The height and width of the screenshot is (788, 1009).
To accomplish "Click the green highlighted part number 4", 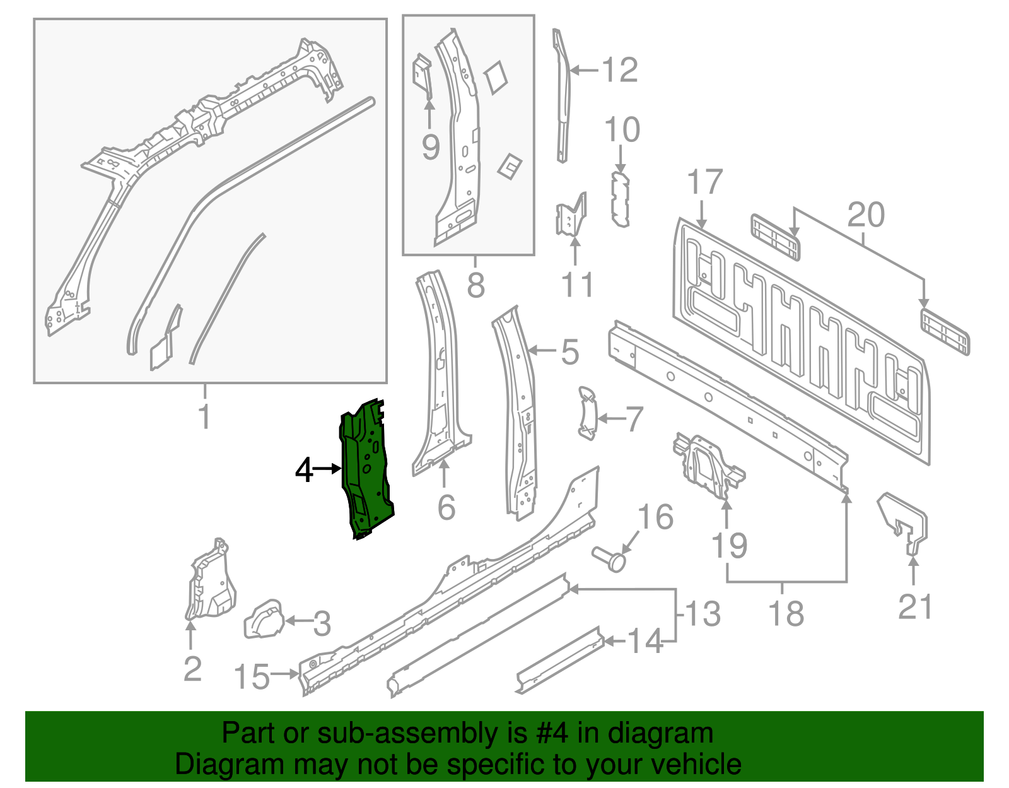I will coord(366,467).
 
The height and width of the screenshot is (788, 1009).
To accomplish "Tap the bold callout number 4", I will coord(304,470).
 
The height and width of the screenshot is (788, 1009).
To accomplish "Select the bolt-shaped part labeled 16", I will coord(609,558).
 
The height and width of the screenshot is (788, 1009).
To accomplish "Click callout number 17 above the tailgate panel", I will coord(704,183).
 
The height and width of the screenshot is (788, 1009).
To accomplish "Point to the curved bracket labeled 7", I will coord(586,413).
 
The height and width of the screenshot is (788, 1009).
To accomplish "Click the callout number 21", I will coord(914,607).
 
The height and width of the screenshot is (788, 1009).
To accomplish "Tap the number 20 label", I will coord(865,216).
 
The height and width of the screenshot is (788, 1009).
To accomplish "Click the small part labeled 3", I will coord(264,620).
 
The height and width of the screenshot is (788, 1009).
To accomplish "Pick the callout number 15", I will coord(251,677).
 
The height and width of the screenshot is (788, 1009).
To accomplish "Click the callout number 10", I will coord(622,130).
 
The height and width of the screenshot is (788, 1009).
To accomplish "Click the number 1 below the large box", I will coord(204,416).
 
